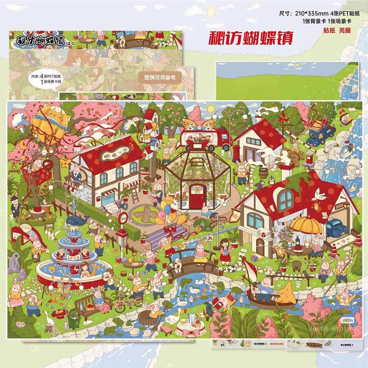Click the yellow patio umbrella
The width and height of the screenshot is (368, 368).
(306, 224)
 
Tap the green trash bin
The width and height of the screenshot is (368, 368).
(74, 318)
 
